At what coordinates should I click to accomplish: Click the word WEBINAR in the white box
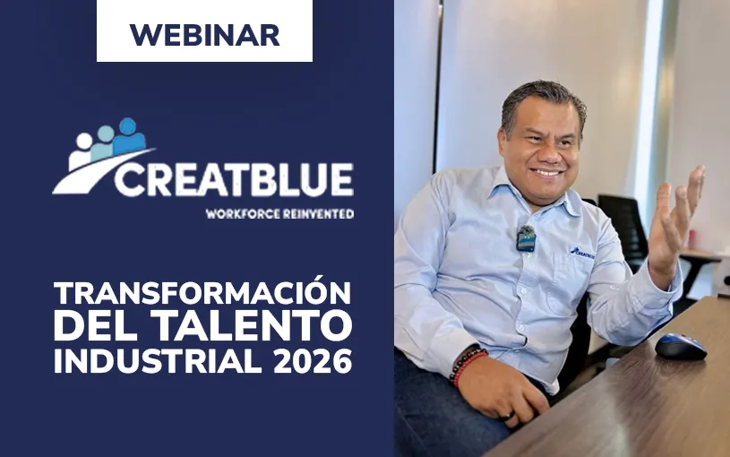[204, 34]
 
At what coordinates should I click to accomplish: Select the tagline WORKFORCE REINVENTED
[279, 214]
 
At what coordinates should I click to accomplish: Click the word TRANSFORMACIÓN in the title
[202, 292]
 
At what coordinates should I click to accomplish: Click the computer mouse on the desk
[680, 346]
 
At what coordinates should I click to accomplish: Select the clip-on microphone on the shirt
[526, 238]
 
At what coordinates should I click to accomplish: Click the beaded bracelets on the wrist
[467, 363]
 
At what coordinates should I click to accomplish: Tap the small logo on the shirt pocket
[581, 253]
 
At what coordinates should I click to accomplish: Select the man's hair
[542, 100]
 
